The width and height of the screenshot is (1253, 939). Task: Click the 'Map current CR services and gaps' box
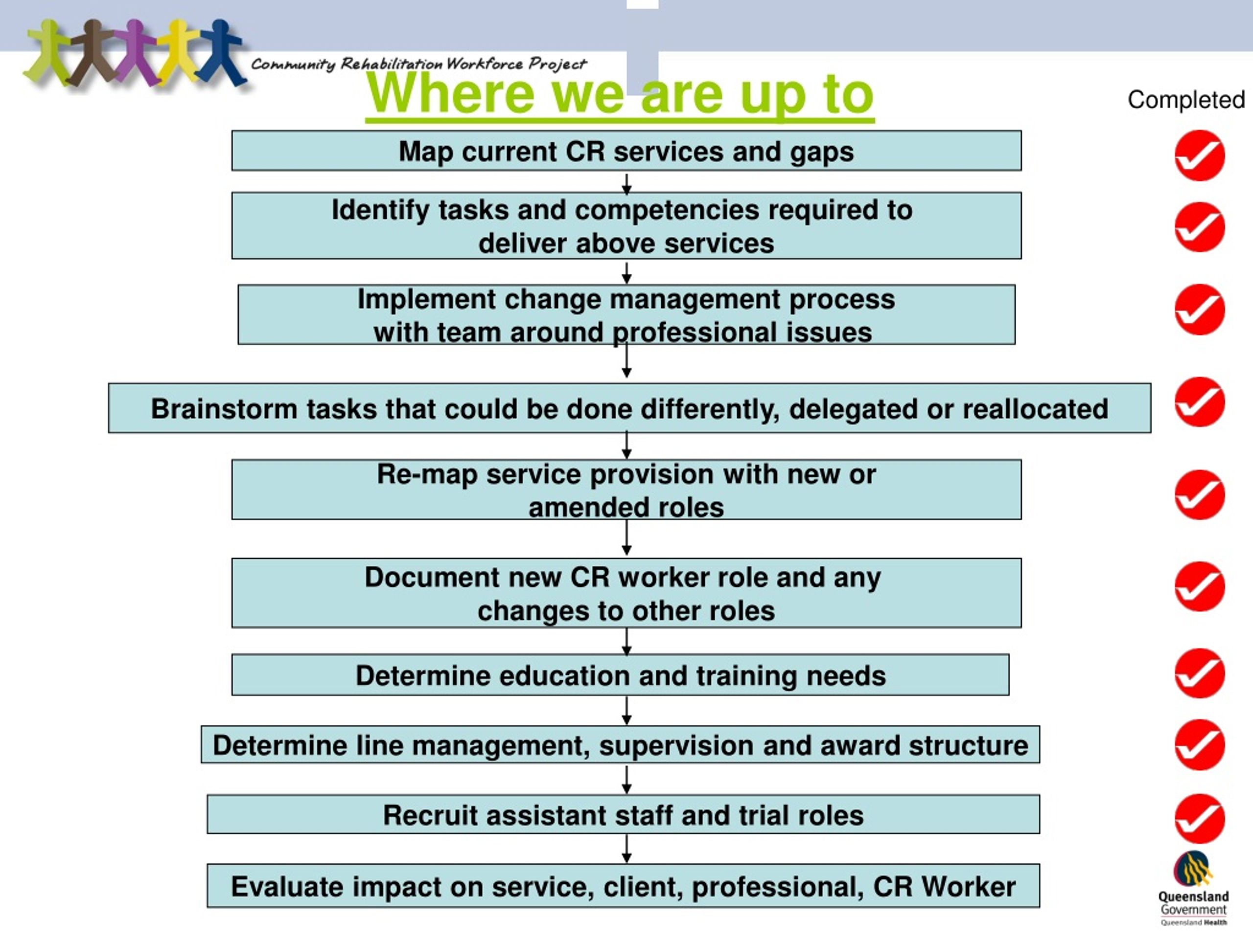coord(626,151)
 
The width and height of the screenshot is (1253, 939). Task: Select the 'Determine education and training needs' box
coord(620,675)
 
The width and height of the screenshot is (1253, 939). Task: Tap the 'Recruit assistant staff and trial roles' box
coord(623,814)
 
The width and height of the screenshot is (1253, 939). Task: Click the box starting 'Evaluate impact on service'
coord(623,886)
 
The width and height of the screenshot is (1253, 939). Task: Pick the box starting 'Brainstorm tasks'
coord(629,408)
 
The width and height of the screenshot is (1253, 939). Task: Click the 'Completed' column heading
coord(1185,100)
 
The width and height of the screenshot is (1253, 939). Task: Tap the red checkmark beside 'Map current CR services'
coord(1199,156)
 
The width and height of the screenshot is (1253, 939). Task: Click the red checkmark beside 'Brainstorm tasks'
coord(1199,402)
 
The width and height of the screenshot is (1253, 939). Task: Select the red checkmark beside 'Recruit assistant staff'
coord(1199,818)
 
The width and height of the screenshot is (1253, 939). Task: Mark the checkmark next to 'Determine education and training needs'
coord(1199,673)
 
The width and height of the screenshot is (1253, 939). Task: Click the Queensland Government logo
coord(1193,888)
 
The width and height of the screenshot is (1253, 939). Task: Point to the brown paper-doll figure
coord(93,53)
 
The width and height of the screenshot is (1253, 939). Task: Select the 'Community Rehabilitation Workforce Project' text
coord(418,64)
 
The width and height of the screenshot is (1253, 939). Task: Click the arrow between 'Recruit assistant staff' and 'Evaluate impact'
coord(626,849)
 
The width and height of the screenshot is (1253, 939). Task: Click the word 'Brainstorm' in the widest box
coord(224,409)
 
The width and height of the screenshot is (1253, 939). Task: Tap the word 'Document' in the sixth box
coord(432,577)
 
